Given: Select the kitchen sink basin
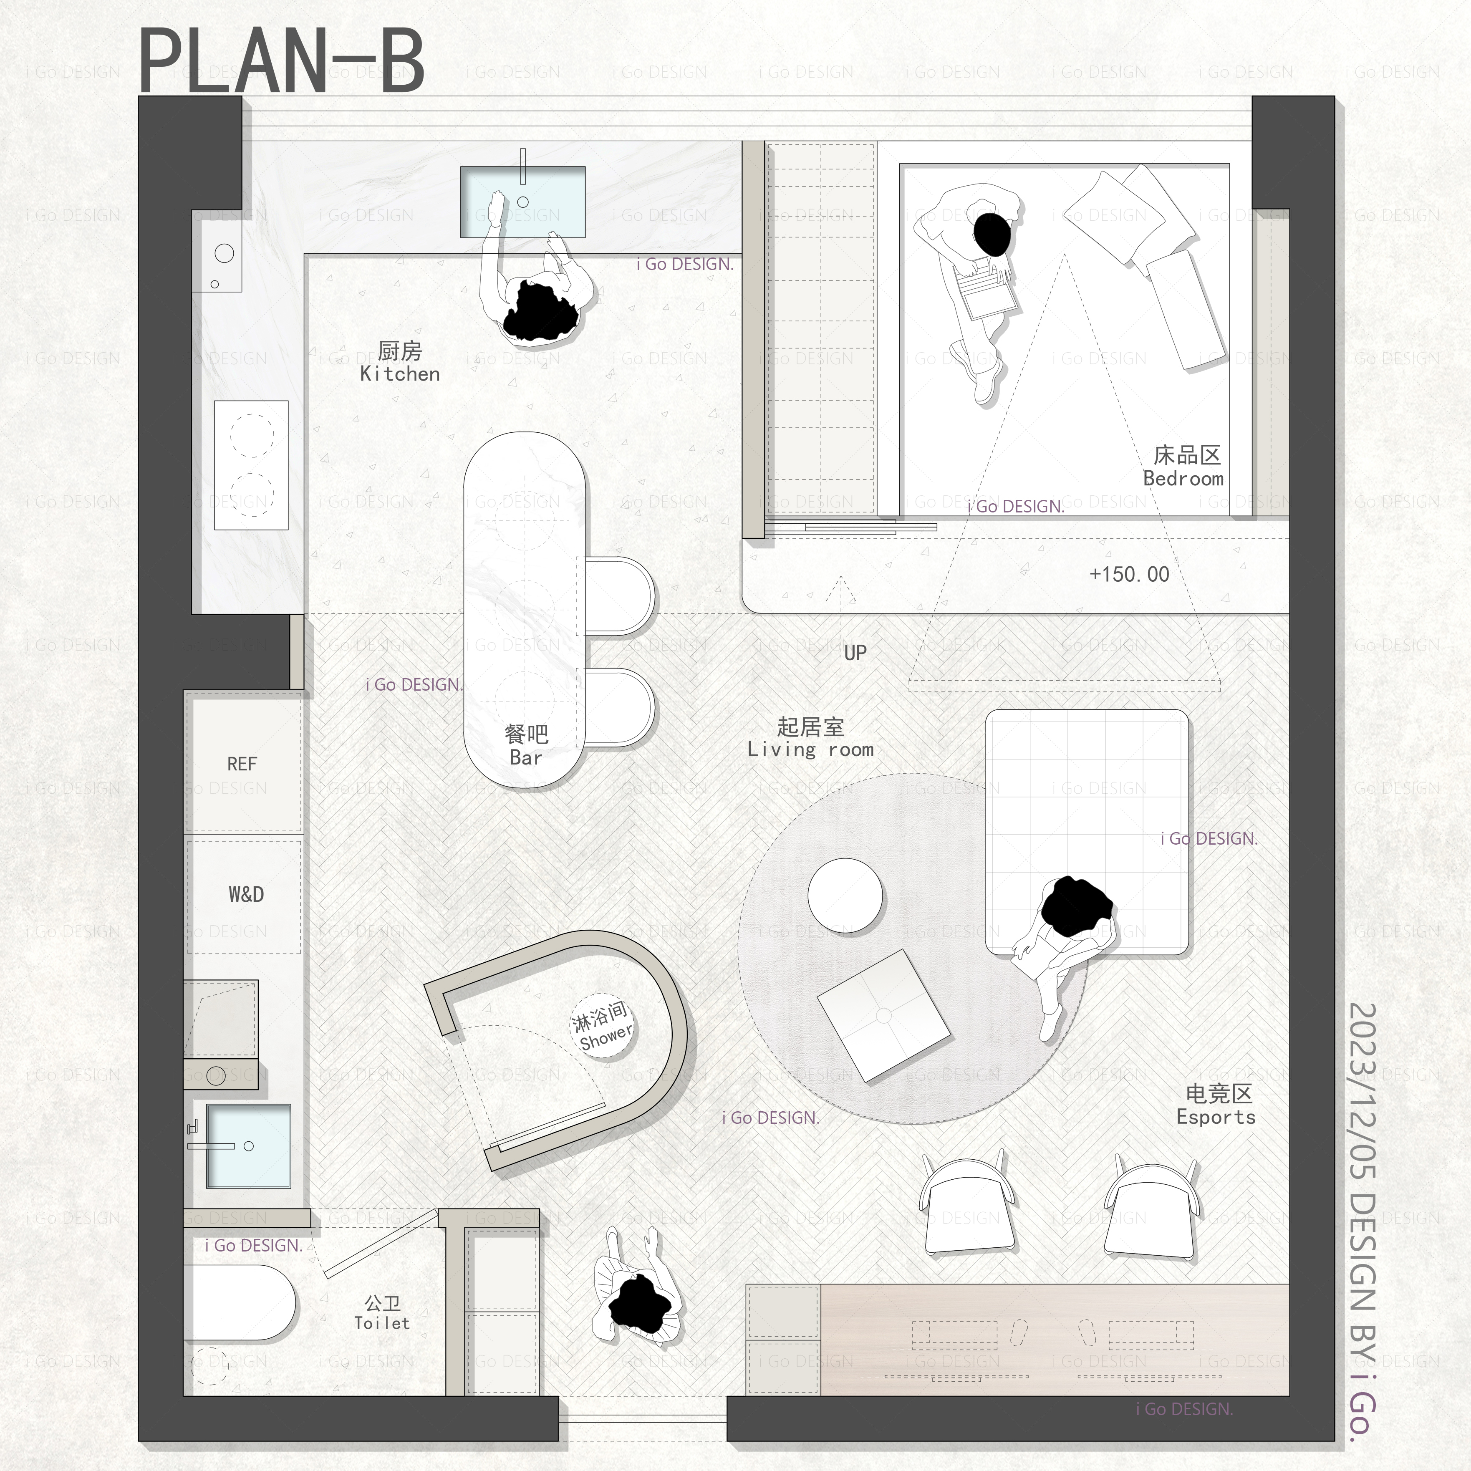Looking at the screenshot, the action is coord(522,202).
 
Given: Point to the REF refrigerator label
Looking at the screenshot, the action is coord(242,764).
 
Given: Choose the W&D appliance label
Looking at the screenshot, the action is coord(246,894).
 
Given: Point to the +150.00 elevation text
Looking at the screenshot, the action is coord(1129,574).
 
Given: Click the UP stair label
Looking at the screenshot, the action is coord(855,653).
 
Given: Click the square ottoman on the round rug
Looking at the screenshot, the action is coord(884,1015).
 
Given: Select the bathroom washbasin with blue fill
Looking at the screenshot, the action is coord(248,1146).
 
